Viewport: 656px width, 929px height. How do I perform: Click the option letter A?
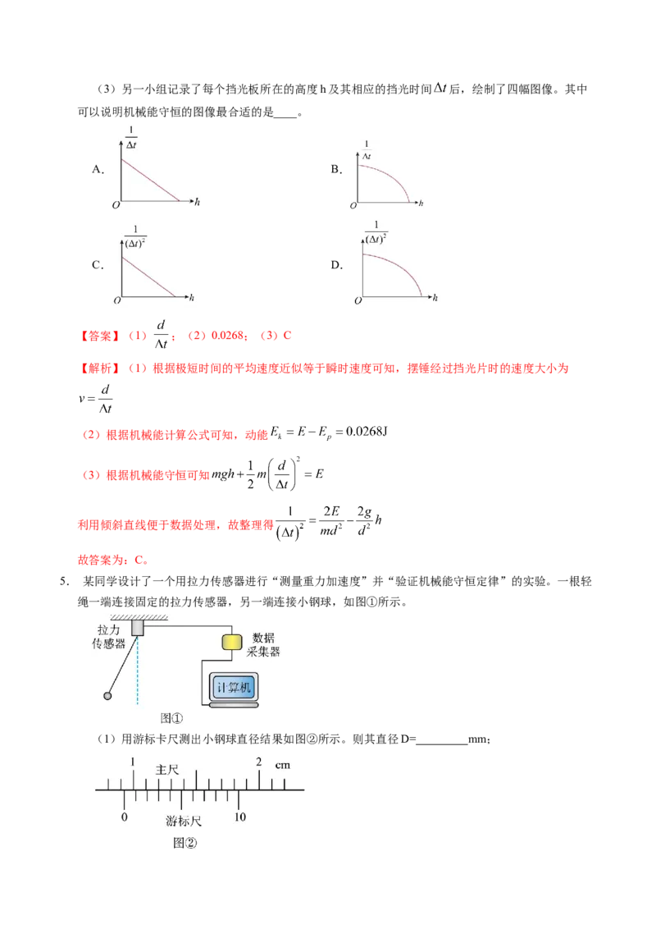[x=98, y=169]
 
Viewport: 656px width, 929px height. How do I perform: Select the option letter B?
[x=336, y=169]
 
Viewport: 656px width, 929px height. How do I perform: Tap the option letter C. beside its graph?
[x=98, y=265]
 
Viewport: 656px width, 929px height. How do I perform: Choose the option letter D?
[x=336, y=265]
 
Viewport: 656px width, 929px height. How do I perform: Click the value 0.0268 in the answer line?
[x=227, y=336]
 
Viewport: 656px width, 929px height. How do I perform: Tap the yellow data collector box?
[x=232, y=643]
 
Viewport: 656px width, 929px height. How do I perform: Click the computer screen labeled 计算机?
[x=234, y=687]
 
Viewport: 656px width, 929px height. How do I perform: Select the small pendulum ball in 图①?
[x=107, y=696]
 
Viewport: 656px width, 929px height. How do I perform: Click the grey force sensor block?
[x=138, y=628]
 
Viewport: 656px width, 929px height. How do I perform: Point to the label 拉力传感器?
[x=108, y=636]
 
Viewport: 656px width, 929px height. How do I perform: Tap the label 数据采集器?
[x=263, y=644]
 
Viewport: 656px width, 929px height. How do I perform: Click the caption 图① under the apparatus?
[x=171, y=718]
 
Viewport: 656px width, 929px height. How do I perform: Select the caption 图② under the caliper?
[x=184, y=843]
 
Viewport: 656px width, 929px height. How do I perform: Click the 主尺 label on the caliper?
[x=167, y=770]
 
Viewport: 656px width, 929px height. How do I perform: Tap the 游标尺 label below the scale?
[x=184, y=821]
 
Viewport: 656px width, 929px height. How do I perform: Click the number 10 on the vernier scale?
[x=239, y=817]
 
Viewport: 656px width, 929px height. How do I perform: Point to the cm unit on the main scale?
[x=282, y=765]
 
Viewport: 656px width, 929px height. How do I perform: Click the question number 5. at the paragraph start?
[x=65, y=581]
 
